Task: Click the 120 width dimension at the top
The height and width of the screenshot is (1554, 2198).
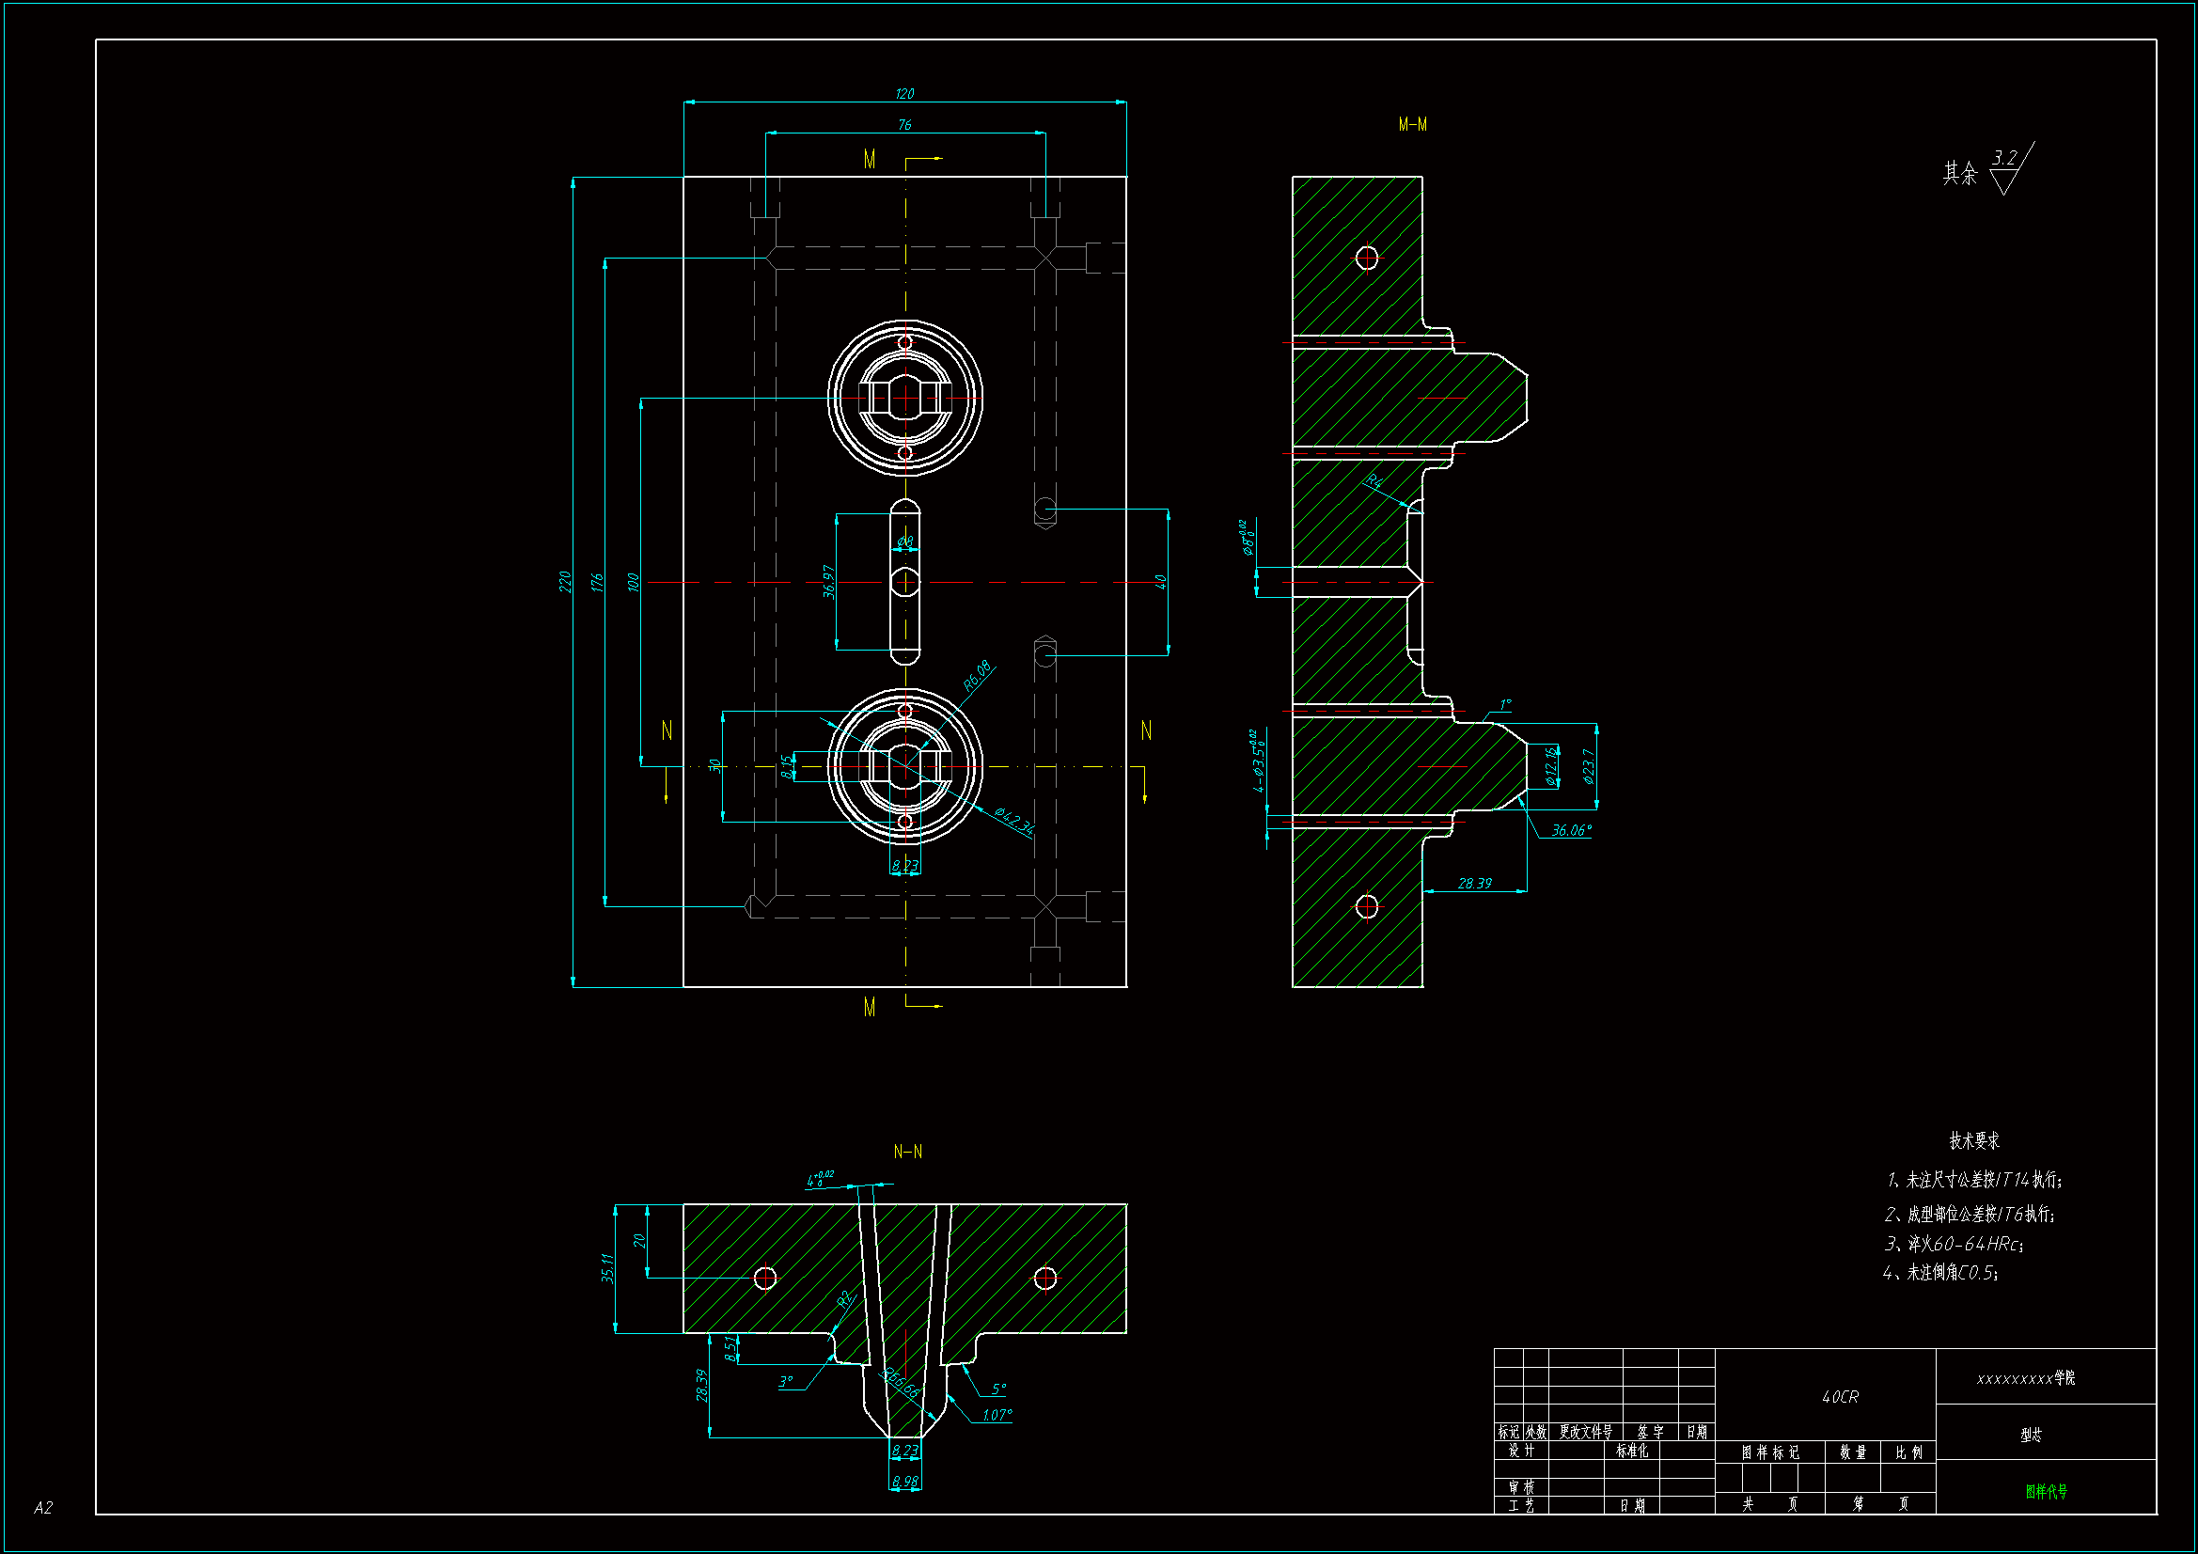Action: click(x=904, y=94)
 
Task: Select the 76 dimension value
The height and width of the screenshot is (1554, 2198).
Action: click(x=904, y=125)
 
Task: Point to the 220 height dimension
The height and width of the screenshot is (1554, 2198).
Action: click(x=565, y=581)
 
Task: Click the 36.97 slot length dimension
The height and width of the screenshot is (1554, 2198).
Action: click(x=829, y=581)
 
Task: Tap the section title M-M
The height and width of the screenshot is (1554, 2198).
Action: click(x=1412, y=124)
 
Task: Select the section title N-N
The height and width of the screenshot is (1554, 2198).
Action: click(x=907, y=1152)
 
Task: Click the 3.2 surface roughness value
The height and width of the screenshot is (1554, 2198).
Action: click(x=2004, y=158)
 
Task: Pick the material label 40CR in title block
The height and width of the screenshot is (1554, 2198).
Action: click(x=1840, y=1397)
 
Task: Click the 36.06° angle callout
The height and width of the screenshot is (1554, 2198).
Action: click(x=1571, y=830)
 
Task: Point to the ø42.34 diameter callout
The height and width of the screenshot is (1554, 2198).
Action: click(x=1013, y=821)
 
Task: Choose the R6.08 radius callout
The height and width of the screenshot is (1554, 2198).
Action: click(x=977, y=676)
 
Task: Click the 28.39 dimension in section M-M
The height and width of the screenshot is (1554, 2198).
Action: click(x=1474, y=883)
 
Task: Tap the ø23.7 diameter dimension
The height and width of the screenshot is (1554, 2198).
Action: click(x=1589, y=766)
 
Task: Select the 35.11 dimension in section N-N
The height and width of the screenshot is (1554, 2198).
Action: click(x=607, y=1267)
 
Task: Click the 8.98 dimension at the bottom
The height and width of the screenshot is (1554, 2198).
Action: click(x=904, y=1482)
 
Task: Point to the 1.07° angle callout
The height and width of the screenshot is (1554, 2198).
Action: click(x=997, y=1415)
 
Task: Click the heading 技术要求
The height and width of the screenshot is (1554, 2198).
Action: click(x=1974, y=1140)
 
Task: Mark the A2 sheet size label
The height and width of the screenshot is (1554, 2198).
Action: click(x=43, y=1508)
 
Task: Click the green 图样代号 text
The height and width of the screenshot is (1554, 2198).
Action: click(x=2046, y=1491)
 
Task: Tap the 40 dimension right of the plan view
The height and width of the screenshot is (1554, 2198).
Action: click(x=1160, y=581)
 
